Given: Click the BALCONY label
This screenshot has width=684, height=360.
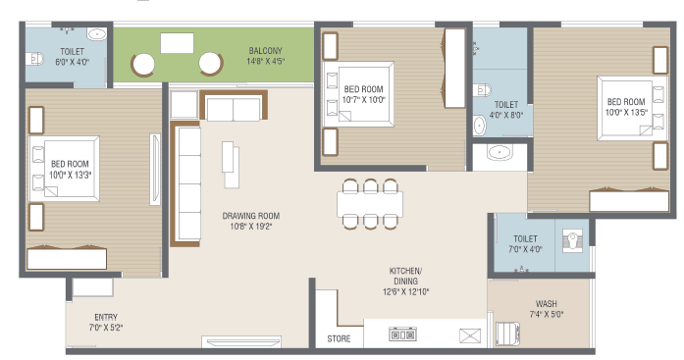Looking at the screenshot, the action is tap(265, 51).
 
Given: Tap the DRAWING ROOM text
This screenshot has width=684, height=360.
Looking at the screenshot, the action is tap(251, 216).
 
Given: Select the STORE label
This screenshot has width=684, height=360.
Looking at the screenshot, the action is tap(339, 338).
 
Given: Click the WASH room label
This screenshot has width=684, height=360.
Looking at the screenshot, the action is tap(547, 304).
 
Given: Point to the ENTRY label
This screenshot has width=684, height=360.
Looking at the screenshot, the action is tap(106, 317).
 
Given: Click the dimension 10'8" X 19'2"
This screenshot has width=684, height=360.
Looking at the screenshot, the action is tap(251, 227).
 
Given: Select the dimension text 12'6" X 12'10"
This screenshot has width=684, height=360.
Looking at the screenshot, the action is tap(405, 291).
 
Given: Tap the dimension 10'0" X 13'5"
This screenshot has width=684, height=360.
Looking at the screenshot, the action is tap(626, 113).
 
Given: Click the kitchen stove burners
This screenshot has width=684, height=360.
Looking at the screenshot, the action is tap(402, 334).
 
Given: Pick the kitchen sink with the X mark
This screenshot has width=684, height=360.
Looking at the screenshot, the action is tap(470, 335).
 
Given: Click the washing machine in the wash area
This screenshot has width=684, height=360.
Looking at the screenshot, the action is tap(507, 334).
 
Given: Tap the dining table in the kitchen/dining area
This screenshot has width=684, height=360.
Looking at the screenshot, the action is tap(370, 204).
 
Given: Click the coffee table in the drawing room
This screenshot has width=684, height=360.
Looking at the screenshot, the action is tap(231, 165).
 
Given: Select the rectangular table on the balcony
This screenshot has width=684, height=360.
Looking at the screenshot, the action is tap(177, 43).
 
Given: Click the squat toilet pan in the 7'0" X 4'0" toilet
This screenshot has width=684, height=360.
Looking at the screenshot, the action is tap(572, 240).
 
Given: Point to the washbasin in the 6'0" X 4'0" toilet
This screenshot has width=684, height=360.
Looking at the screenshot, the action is tap(96, 34).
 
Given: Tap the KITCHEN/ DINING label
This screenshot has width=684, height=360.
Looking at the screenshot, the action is tap(405, 276).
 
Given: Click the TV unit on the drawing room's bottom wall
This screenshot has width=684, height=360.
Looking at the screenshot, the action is tap(241, 341).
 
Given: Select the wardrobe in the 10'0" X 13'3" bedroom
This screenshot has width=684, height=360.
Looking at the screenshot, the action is tap(67, 259).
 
